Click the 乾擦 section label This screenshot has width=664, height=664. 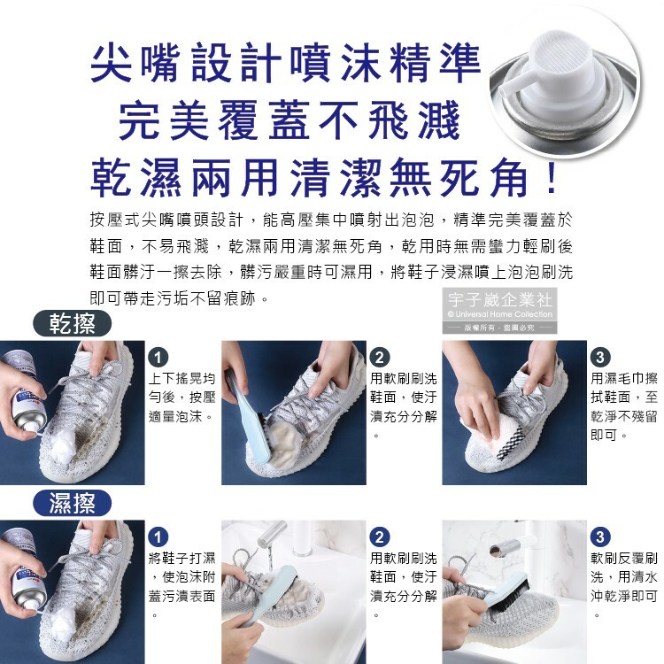pyautogui.click(x=72, y=324)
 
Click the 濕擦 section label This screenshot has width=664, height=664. pyautogui.click(x=72, y=504)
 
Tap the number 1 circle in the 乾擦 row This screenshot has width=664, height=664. pyautogui.click(x=158, y=358)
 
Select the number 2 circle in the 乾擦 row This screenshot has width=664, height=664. pyautogui.click(x=380, y=358)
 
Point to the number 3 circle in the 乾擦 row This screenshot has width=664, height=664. pyautogui.click(x=600, y=358)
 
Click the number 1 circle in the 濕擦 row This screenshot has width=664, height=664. pyautogui.click(x=158, y=537)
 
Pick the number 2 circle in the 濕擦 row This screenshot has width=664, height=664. pyautogui.click(x=380, y=537)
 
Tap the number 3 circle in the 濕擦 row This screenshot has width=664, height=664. pyautogui.click(x=600, y=537)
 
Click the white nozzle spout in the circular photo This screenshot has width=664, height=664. pyautogui.click(x=513, y=87)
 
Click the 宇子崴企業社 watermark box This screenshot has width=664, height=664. pyautogui.click(x=499, y=311)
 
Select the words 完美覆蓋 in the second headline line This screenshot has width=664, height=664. pyautogui.click(x=214, y=120)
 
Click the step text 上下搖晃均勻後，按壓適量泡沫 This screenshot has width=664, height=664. pyautogui.click(x=182, y=398)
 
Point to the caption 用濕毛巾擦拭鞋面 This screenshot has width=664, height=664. pyautogui.click(x=624, y=388)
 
